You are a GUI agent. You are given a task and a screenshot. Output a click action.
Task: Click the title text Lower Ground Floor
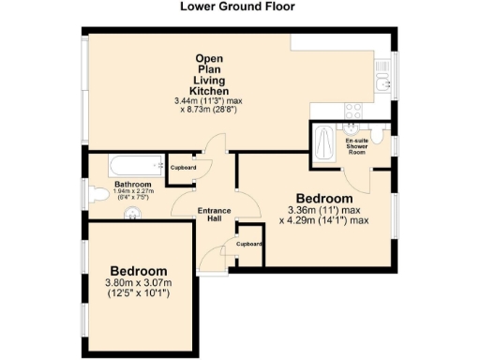pyautogui.click(x=237, y=7)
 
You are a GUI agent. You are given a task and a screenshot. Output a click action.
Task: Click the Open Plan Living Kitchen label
pyautogui.click(x=208, y=75)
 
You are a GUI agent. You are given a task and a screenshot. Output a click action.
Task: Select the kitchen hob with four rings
pyautogui.click(x=353, y=111)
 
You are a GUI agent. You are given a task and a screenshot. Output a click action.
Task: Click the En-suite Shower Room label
pyautogui.click(x=355, y=145)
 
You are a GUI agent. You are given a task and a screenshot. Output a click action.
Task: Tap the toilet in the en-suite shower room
pyautogui.click(x=377, y=137)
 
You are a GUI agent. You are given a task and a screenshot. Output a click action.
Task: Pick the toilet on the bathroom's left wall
pyautogui.click(x=98, y=195)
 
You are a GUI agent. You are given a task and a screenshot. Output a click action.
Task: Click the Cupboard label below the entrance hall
pyautogui.click(x=248, y=243)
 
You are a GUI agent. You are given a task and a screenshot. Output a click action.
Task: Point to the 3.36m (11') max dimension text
pyautogui.click(x=323, y=211)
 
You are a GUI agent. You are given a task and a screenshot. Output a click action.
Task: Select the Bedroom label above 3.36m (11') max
pyautogui.click(x=324, y=198)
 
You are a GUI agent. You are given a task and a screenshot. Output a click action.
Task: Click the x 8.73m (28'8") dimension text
pyautogui.click(x=208, y=109)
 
